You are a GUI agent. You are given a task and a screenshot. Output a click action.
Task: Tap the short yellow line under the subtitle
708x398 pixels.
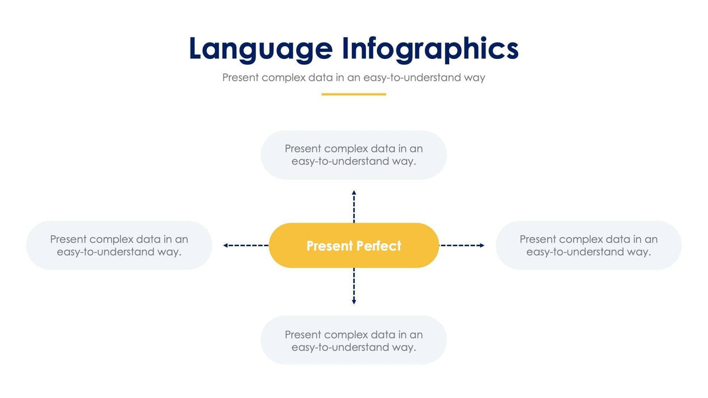pyautogui.click(x=353, y=94)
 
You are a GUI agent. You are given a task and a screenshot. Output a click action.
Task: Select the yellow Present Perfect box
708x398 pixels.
pyautogui.click(x=354, y=245)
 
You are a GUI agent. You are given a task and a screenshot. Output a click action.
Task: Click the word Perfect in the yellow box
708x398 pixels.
pyautogui.click(x=378, y=246)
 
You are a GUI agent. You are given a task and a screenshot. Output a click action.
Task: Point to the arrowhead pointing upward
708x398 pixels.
pyautogui.click(x=354, y=193)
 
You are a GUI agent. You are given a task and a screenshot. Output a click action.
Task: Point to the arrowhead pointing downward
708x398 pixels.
pyautogui.click(x=354, y=301)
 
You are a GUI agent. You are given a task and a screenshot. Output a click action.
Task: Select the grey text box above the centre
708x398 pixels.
pyautogui.click(x=354, y=155)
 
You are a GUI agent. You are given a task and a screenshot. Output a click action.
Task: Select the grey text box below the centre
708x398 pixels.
pyautogui.click(x=354, y=340)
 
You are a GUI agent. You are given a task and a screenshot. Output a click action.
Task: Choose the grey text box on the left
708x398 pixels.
pyautogui.click(x=119, y=245)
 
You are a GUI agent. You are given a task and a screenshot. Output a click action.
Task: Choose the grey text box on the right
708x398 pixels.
pyautogui.click(x=588, y=245)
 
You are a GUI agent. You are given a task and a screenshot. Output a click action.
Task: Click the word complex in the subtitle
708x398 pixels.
pyautogui.click(x=283, y=78)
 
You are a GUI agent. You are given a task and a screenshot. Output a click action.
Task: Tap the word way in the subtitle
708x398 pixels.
pyautogui.click(x=474, y=78)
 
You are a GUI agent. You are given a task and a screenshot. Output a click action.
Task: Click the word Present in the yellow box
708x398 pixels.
pyautogui.click(x=329, y=246)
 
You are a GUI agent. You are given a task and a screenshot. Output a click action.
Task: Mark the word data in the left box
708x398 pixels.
pyautogui.click(x=148, y=239)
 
